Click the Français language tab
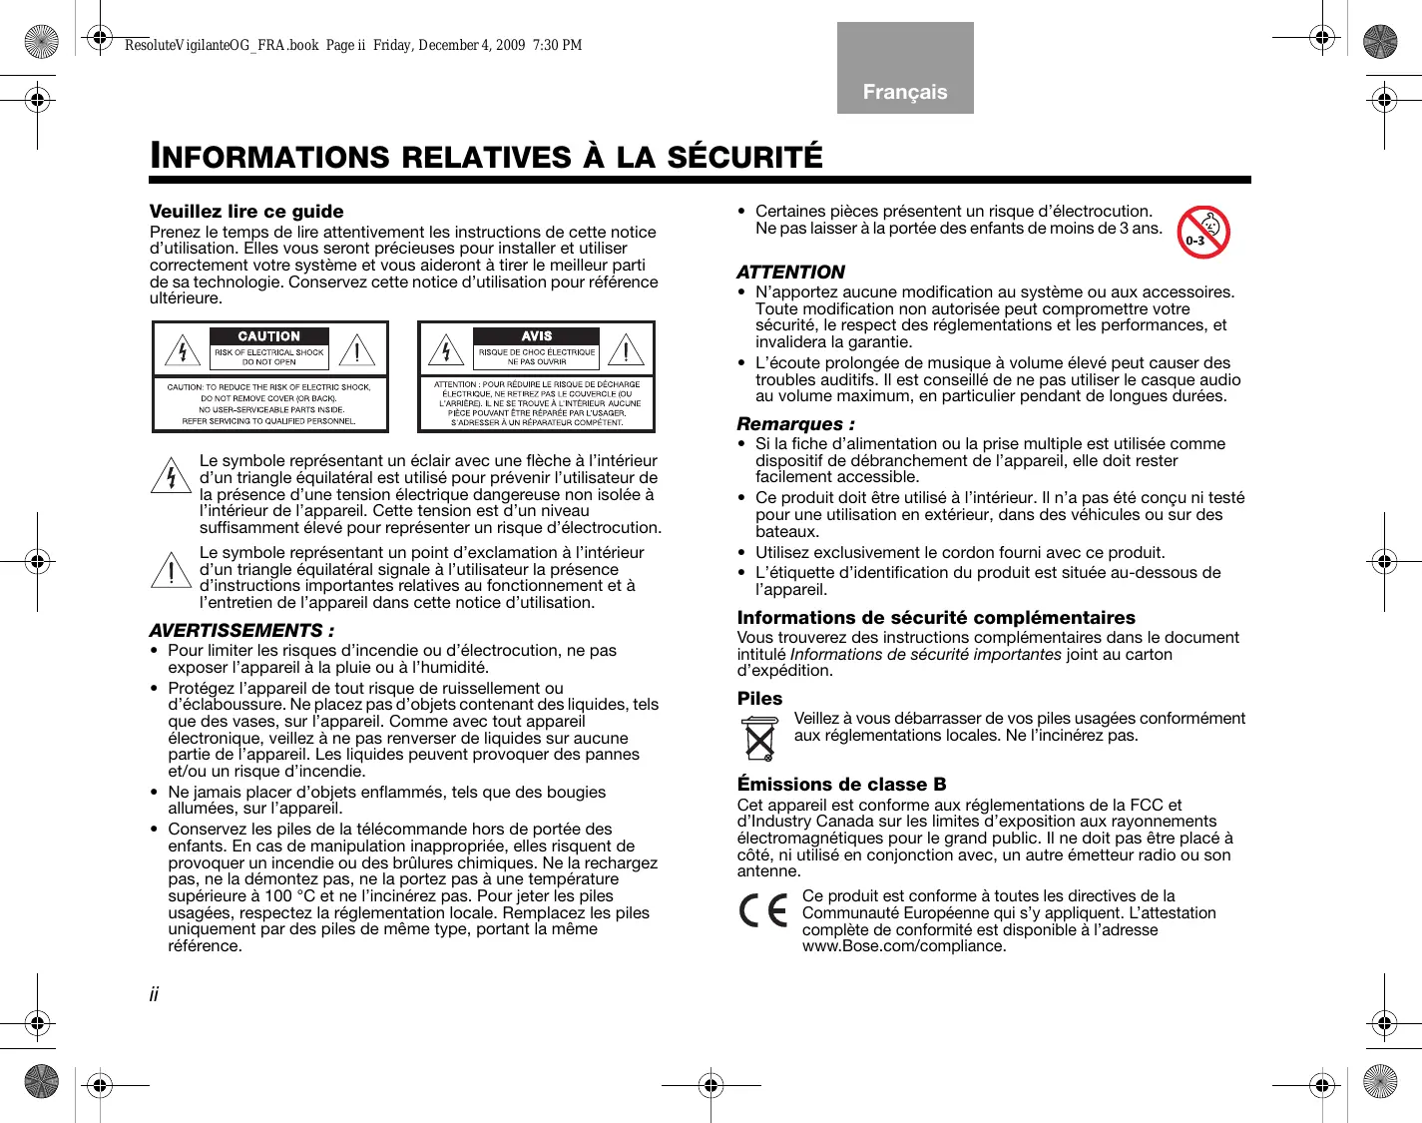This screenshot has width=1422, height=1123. [x=905, y=91]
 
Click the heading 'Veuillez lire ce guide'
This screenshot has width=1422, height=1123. [x=246, y=212]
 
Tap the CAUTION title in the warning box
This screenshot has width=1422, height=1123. [x=268, y=336]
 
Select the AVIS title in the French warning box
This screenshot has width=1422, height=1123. [x=536, y=336]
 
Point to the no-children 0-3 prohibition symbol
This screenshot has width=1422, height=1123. [x=1202, y=233]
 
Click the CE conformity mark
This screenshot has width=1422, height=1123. [x=763, y=911]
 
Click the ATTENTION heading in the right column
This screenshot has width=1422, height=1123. [x=790, y=273]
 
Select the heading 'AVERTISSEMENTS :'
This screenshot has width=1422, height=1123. [x=241, y=631]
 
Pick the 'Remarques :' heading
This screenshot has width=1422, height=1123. [x=795, y=424]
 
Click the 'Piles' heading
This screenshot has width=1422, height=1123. [x=759, y=699]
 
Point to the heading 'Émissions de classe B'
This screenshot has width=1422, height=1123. [x=841, y=785]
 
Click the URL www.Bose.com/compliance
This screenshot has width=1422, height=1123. [x=903, y=946]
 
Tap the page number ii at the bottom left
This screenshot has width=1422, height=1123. [x=154, y=994]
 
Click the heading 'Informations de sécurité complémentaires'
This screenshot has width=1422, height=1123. [x=936, y=618]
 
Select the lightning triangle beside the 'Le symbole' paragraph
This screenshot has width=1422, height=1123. [x=171, y=476]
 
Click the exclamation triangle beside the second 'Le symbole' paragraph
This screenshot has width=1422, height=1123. [x=171, y=570]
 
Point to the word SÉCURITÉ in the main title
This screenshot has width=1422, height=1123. [x=744, y=158]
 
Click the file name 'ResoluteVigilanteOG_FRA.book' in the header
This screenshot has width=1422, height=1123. [x=222, y=45]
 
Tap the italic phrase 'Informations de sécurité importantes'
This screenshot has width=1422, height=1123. [x=925, y=655]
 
